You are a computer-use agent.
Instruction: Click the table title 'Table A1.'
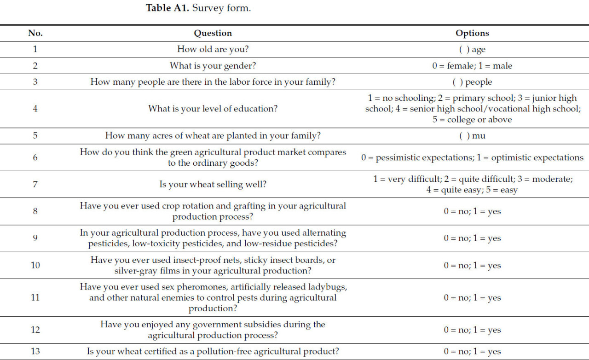tap(167, 8)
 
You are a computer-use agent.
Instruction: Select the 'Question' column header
tap(213, 33)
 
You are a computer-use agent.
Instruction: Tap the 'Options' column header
tap(472, 33)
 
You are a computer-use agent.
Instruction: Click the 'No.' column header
tap(35, 33)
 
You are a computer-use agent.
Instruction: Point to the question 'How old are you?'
tap(213, 49)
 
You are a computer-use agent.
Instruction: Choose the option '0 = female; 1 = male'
tap(472, 66)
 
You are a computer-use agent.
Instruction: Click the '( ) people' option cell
tap(472, 82)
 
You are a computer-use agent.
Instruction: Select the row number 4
tap(35, 109)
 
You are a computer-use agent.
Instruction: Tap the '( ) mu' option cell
tap(472, 136)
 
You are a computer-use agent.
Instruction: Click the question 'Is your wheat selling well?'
tap(213, 185)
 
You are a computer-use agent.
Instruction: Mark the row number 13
tap(35, 351)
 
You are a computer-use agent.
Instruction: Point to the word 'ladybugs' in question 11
tap(327, 287)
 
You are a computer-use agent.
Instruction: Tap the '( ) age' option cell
tap(472, 49)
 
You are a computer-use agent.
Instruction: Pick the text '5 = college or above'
tap(472, 120)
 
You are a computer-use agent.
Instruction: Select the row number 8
tap(35, 211)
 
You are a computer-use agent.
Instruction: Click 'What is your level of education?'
tap(213, 109)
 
